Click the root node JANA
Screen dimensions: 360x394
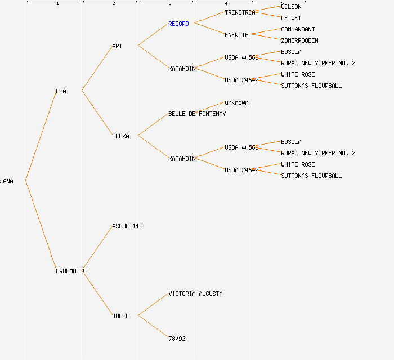pos(7,181)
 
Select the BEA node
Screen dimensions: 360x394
pos(61,91)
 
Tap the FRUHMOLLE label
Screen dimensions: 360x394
pos(71,271)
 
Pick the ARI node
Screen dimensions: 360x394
pos(117,46)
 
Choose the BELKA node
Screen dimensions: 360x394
pos(120,136)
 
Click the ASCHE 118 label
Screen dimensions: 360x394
pos(127,226)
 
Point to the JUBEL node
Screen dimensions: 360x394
pos(120,316)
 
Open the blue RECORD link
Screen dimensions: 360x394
pos(178,24)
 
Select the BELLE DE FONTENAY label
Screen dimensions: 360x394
pos(197,114)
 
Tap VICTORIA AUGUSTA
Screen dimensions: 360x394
pos(195,294)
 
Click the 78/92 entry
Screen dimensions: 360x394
pos(177,339)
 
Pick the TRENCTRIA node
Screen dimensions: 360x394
pos(240,12)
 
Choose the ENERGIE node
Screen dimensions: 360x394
pos(236,35)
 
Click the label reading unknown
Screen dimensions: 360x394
pos(236,102)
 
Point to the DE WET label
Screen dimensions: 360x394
pos(291,18)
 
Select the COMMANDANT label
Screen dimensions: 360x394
pos(298,29)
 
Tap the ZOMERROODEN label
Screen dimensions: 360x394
pos(299,40)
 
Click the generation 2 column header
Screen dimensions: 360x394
pos(113,3)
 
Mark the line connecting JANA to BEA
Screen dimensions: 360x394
pos(41,136)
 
